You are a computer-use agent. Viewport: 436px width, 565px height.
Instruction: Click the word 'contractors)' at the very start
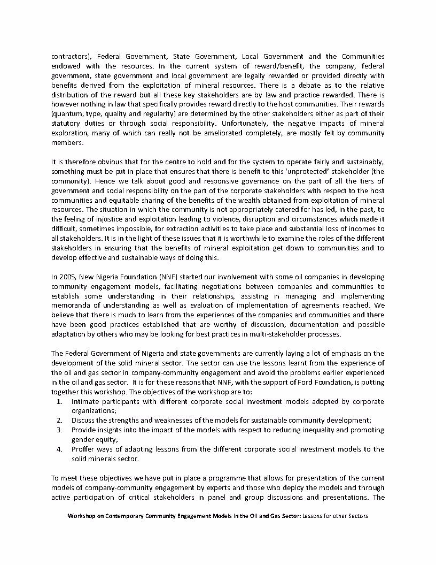68,56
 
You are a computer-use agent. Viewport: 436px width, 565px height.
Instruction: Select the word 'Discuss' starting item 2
83,421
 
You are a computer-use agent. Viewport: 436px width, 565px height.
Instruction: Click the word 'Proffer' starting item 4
84,449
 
